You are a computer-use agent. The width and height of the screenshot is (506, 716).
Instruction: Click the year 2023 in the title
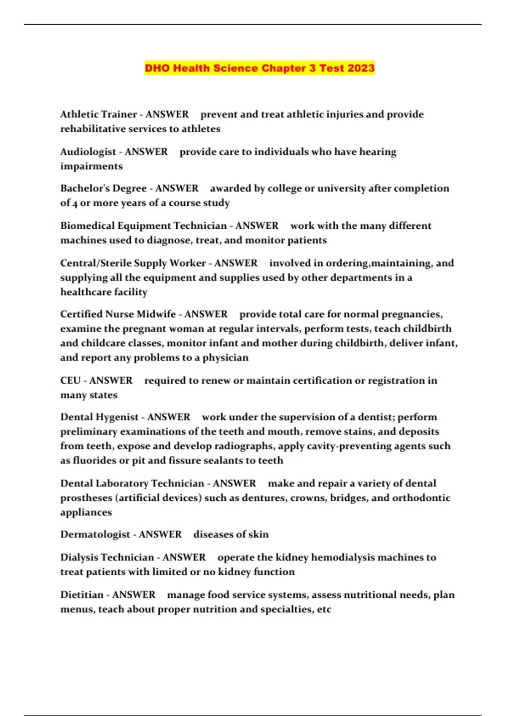coord(361,68)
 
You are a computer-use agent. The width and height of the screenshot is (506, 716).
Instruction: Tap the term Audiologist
coord(88,152)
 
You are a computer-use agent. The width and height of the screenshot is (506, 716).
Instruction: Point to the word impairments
coord(92,166)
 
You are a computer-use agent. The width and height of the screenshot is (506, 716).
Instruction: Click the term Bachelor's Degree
coord(103,188)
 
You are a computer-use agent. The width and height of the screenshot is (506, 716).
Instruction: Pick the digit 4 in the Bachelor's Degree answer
coord(75,203)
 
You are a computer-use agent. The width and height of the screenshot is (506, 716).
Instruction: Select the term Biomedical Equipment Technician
coord(143,226)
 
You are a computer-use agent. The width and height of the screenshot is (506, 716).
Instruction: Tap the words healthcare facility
coord(104,292)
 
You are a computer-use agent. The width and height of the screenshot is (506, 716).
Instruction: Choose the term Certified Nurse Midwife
coord(118,314)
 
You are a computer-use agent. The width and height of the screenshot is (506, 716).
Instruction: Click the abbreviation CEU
coord(70,380)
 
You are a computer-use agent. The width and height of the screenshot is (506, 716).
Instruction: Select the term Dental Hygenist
coord(99,417)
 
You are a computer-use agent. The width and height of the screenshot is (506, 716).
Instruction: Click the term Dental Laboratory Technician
coord(132,483)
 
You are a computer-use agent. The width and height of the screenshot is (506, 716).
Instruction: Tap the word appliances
coord(86,512)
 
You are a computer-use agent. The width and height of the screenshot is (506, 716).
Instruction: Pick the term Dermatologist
coord(95,534)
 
